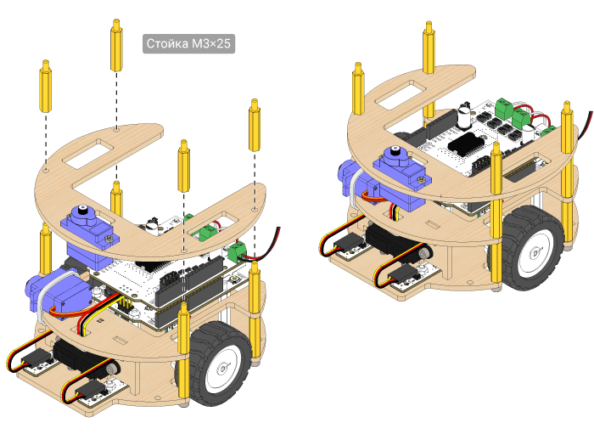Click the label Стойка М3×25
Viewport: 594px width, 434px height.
point(188,43)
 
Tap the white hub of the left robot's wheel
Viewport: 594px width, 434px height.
point(221,369)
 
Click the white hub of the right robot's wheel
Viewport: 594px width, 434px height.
point(535,253)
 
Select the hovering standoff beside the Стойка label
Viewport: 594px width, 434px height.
point(117,45)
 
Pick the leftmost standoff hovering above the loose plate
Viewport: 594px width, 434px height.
point(46,86)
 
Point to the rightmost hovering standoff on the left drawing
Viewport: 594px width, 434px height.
point(255,125)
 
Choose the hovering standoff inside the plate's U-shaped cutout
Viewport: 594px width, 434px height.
point(184,166)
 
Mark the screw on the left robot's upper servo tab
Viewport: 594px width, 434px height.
point(109,238)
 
